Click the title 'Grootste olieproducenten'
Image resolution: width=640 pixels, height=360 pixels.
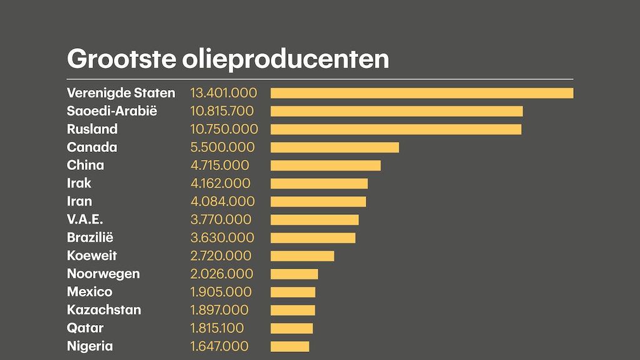click(x=227, y=59)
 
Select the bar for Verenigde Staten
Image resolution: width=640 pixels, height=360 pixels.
click(x=422, y=93)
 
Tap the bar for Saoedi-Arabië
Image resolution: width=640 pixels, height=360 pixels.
click(x=396, y=111)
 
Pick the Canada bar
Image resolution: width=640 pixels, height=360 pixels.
click(x=334, y=147)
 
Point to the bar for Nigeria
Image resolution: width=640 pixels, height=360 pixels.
click(x=289, y=346)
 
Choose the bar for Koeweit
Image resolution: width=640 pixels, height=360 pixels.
click(x=302, y=256)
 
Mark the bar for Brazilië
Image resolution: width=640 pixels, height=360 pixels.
click(x=312, y=237)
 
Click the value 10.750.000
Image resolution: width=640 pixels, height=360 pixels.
click(x=224, y=129)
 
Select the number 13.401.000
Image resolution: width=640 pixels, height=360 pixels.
click(x=224, y=93)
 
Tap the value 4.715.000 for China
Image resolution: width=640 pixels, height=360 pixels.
click(x=219, y=166)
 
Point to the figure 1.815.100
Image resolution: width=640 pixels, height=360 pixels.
click(x=217, y=328)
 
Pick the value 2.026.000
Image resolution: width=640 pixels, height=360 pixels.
click(x=222, y=274)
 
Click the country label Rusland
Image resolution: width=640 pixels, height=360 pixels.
click(x=92, y=129)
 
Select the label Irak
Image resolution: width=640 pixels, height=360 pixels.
click(x=79, y=183)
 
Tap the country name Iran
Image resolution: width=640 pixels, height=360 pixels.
click(x=79, y=201)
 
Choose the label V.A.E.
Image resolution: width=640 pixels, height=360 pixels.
click(x=85, y=219)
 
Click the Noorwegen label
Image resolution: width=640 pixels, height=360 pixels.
click(x=103, y=274)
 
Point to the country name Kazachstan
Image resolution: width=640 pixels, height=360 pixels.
click(x=104, y=310)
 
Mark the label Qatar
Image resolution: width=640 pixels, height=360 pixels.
click(x=85, y=328)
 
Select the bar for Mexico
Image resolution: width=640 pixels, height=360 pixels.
click(x=292, y=292)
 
